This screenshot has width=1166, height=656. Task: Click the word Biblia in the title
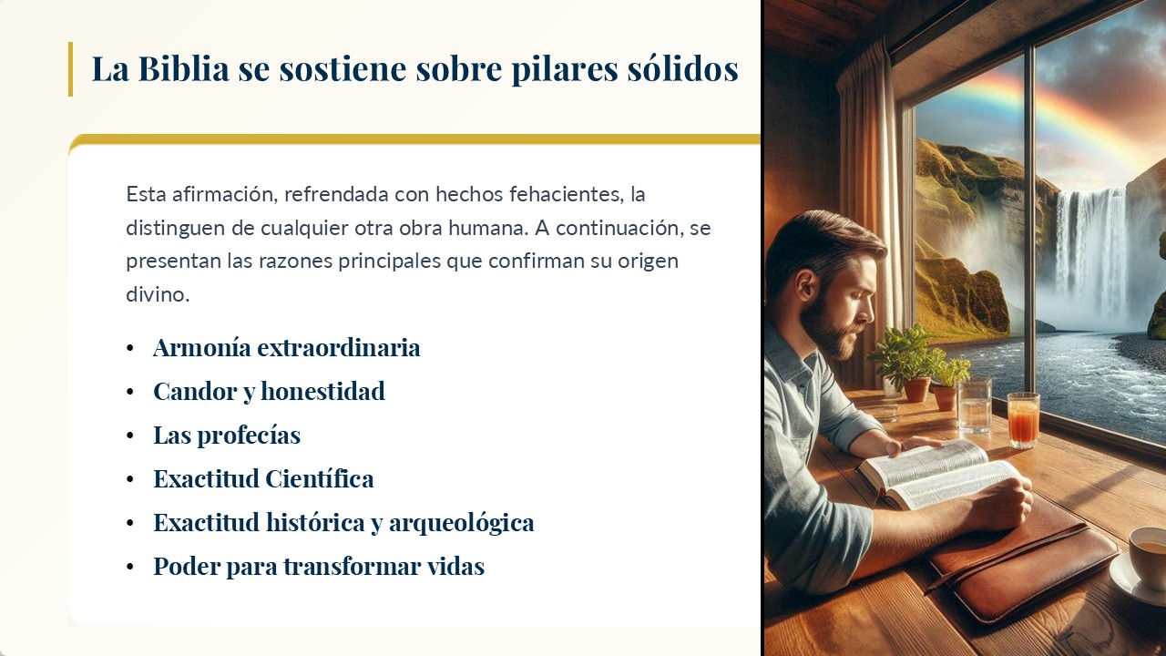pos(184,68)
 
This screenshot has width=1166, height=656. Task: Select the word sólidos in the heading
pos(682,68)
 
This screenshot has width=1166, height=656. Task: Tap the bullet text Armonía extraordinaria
pos(287,348)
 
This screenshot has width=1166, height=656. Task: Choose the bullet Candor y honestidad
pos(269,392)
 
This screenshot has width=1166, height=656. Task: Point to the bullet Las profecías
pos(227,436)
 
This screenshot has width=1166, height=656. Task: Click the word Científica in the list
pos(319,479)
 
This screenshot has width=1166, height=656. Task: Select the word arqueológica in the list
pos(461,523)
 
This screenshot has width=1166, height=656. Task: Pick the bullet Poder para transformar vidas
pos(319,567)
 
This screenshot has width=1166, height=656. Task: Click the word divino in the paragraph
pos(158,294)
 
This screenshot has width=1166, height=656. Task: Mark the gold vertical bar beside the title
pos(70,68)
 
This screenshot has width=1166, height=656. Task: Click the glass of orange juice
pos(1023,420)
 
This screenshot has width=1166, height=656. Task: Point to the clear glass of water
pos(974,406)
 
